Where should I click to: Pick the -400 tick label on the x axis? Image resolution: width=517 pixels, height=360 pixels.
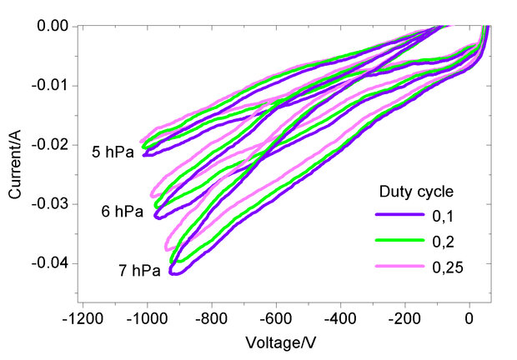pos(340,319)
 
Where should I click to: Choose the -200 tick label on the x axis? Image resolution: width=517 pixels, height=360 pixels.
pos(404,319)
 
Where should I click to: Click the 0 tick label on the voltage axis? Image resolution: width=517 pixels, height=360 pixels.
pos(469,319)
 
